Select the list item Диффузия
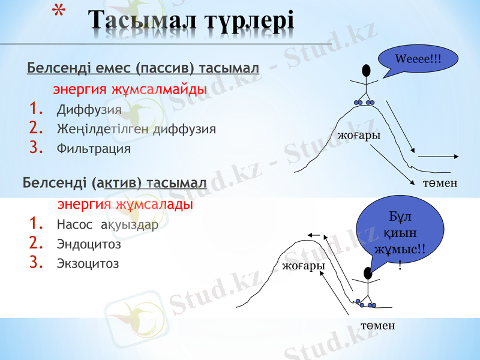[89, 110]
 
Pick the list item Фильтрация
[94, 148]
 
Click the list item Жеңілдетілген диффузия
[136, 129]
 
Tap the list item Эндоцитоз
[89, 244]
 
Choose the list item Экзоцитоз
[88, 263]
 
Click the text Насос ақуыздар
[107, 225]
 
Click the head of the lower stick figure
[367, 273]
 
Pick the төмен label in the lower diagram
[378, 325]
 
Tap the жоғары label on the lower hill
[304, 265]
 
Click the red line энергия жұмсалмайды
[130, 89]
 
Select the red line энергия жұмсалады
[125, 205]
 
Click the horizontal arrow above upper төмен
[439, 156]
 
